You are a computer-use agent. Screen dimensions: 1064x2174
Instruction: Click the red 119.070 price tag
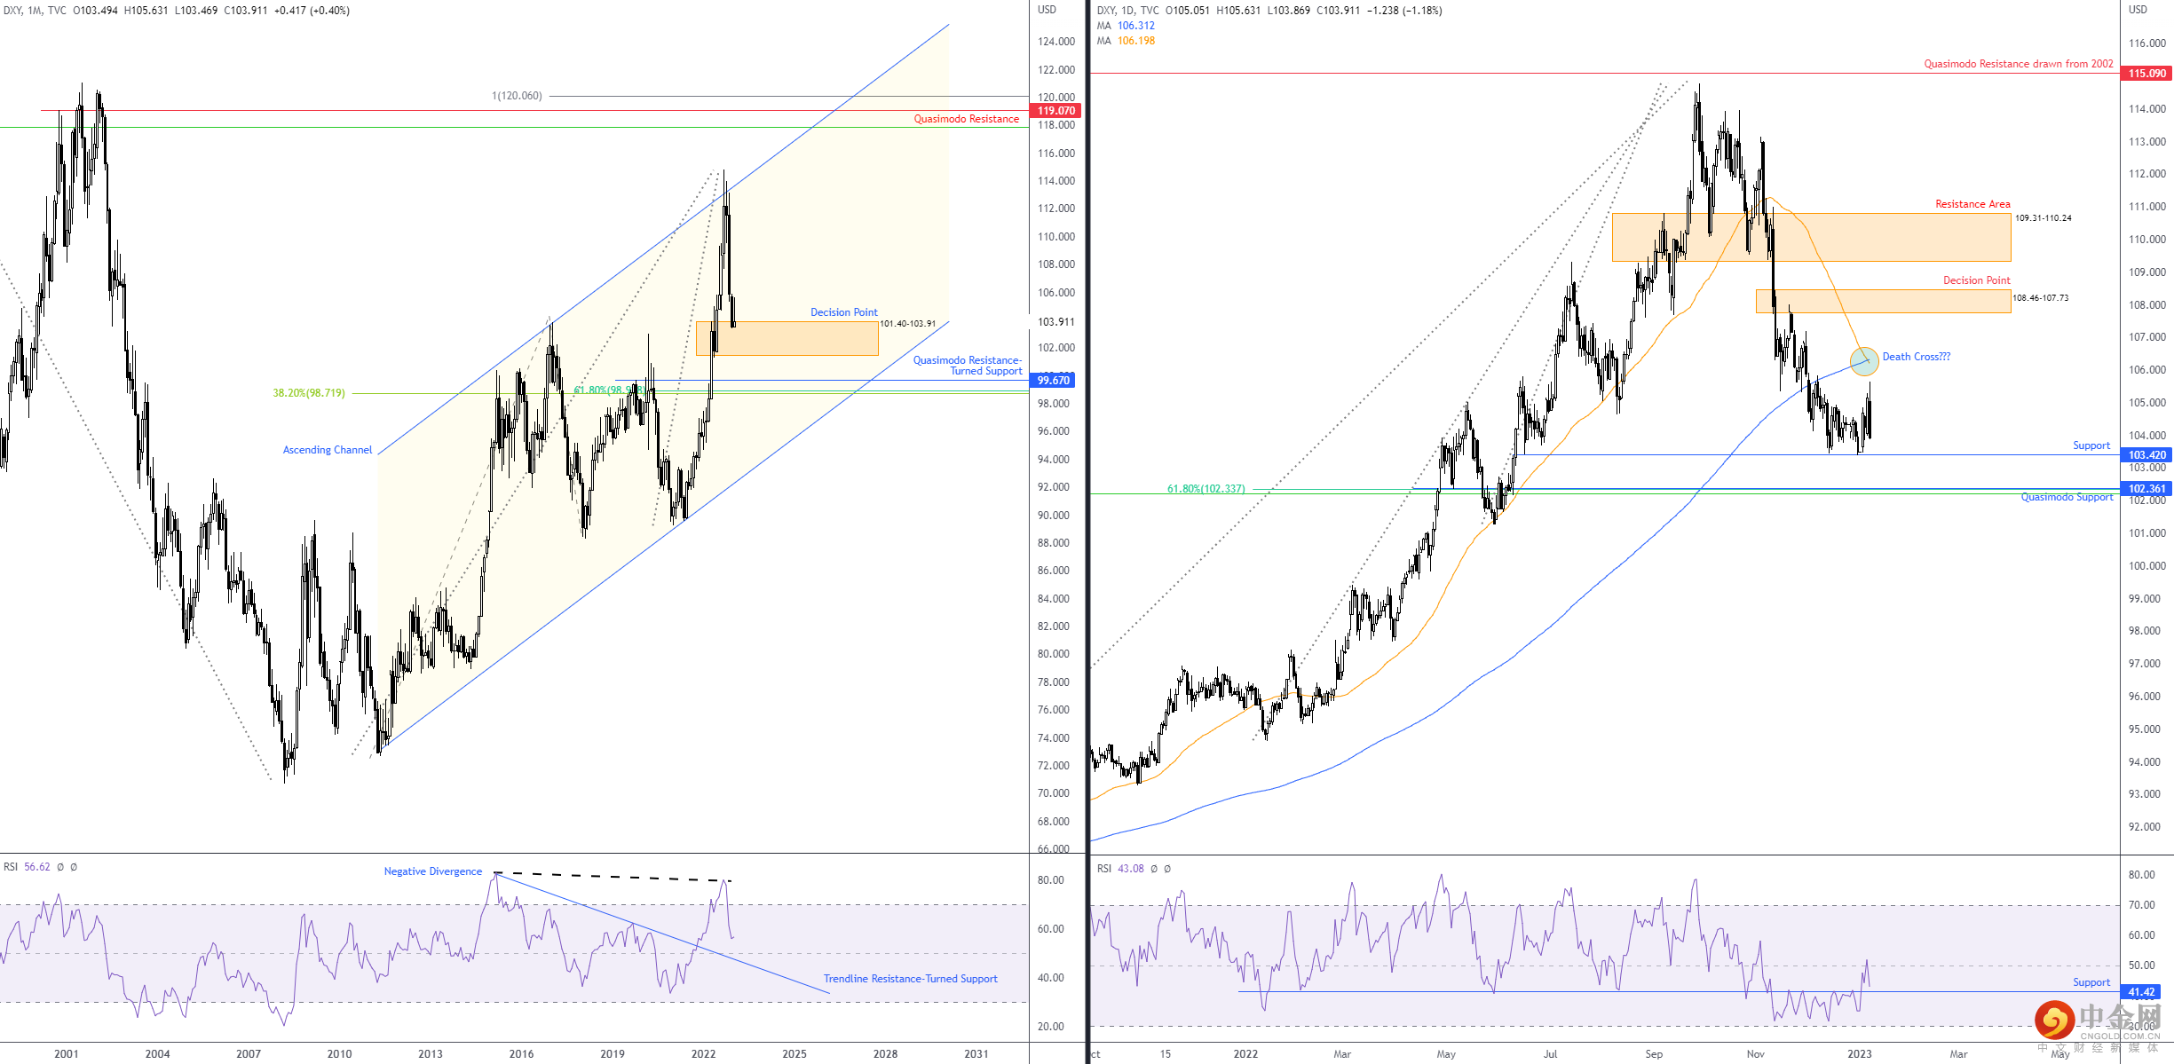[1055, 111]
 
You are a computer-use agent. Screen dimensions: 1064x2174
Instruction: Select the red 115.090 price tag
[2146, 74]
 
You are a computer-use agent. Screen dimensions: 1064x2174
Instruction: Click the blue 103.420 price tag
[2146, 455]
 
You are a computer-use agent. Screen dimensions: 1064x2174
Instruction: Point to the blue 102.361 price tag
[2146, 489]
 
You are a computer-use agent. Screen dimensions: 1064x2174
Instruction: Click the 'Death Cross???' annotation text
[1916, 357]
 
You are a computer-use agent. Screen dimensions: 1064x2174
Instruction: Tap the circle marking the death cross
[1863, 361]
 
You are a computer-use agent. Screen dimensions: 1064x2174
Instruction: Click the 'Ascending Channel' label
[328, 450]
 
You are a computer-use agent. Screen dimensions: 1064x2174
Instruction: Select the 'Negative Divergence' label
[432, 871]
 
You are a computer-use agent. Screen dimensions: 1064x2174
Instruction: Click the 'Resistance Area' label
[1972, 204]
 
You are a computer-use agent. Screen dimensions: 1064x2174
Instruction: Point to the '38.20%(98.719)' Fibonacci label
[309, 393]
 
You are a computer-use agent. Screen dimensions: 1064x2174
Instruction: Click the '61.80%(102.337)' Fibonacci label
[1206, 489]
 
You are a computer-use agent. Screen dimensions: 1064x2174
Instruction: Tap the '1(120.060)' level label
[517, 96]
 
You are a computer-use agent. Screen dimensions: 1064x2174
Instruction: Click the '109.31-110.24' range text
[2043, 218]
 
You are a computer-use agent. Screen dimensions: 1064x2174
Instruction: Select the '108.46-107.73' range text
[2040, 298]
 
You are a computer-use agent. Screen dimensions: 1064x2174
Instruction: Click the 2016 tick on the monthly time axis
[521, 1053]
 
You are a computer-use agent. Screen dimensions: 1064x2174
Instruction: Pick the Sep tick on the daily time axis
[1653, 1053]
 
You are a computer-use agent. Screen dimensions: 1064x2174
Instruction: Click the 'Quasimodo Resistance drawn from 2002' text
[2018, 64]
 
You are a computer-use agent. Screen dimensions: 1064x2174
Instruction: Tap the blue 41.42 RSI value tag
[2141, 992]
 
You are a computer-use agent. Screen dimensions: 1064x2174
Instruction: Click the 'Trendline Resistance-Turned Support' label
[910, 979]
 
